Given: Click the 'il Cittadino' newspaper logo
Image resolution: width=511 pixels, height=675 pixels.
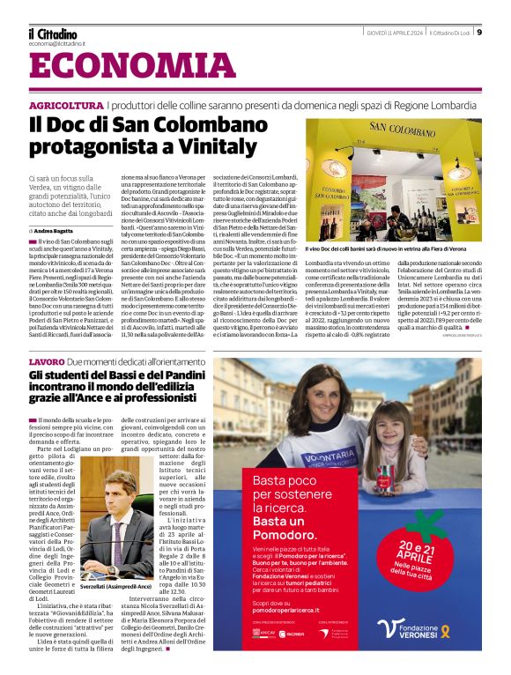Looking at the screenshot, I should click(53, 33).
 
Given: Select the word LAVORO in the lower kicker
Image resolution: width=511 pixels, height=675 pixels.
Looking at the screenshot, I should click(46, 362).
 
